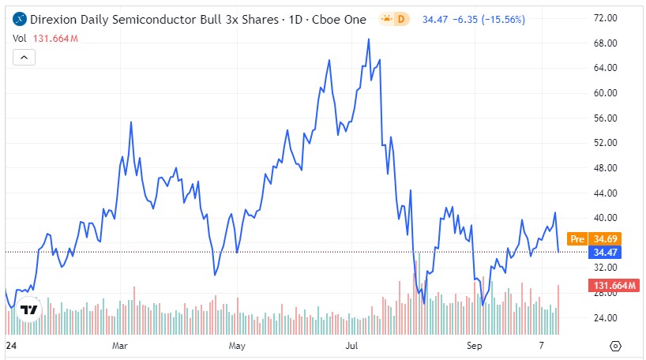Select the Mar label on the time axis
tap(121, 346)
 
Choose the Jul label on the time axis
tap(352, 346)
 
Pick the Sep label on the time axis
tap(474, 346)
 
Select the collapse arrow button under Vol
tap(24, 57)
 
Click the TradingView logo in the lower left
tap(30, 309)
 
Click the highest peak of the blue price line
tap(369, 39)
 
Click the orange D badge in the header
tap(400, 17)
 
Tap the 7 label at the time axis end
tap(542, 346)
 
